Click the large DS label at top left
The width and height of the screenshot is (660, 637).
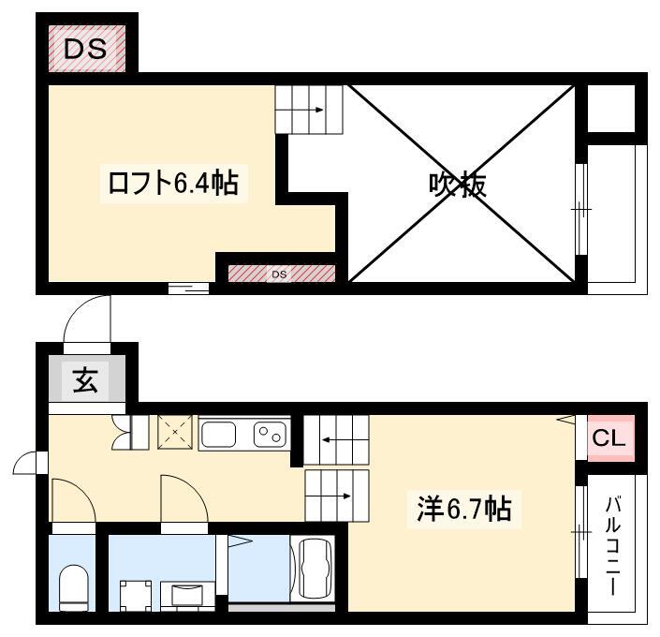[85, 49]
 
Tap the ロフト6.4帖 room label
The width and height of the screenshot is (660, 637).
[173, 183]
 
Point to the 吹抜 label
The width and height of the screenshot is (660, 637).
[458, 185]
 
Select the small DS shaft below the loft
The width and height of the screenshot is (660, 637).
[282, 274]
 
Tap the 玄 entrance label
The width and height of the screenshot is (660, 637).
[85, 380]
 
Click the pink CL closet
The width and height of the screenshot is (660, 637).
[610, 438]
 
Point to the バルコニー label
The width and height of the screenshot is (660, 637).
[613, 546]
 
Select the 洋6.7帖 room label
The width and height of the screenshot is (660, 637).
[463, 509]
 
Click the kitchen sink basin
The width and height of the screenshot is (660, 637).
[218, 435]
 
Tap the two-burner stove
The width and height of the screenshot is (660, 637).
[270, 435]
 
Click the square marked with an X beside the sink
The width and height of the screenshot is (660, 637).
[175, 432]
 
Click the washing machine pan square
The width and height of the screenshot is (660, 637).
[136, 596]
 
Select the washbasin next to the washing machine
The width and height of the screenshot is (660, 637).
[188, 596]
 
